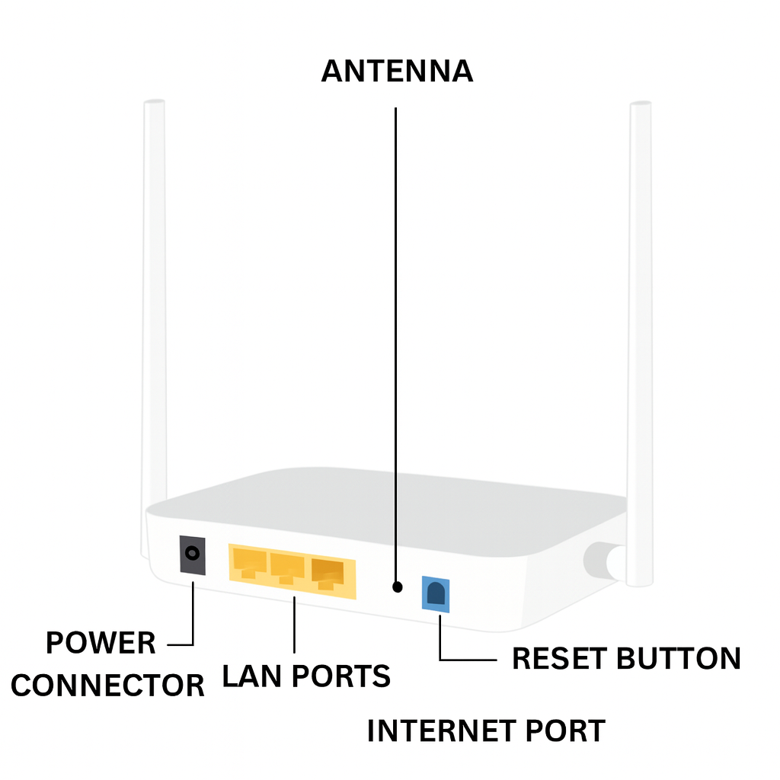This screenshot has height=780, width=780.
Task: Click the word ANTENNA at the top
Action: (397, 72)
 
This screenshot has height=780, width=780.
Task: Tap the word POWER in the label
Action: (101, 644)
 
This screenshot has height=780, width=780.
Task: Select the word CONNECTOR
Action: (107, 686)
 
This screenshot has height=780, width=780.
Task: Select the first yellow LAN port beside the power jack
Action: (248, 565)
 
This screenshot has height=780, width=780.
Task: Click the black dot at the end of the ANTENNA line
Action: (396, 587)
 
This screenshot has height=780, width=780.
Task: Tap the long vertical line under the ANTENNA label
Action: (396, 343)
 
